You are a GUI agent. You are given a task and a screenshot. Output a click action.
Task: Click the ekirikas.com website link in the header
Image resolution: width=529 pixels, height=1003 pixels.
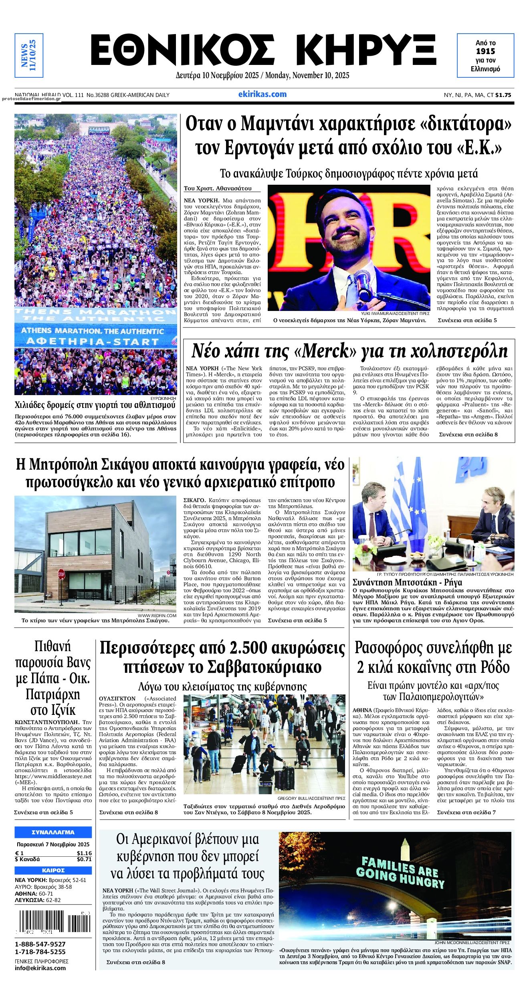pyautogui.click(x=262, y=95)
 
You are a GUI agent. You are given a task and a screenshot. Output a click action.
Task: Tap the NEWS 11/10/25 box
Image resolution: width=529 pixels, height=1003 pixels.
pyautogui.click(x=28, y=55)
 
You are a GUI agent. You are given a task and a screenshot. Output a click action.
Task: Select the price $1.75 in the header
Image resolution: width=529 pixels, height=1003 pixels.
pyautogui.click(x=503, y=95)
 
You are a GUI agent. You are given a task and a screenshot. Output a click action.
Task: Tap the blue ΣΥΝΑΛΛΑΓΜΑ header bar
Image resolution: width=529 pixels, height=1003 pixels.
pyautogui.click(x=53, y=832)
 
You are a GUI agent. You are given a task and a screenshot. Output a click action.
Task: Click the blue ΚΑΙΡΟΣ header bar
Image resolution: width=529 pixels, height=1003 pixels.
pyautogui.click(x=53, y=870)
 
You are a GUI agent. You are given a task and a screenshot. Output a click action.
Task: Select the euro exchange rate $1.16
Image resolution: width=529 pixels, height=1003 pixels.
pyautogui.click(x=84, y=854)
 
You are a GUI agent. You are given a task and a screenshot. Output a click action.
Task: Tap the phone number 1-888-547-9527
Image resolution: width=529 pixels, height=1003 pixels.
pyautogui.click(x=40, y=944)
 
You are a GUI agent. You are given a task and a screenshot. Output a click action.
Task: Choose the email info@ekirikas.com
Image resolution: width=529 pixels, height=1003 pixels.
pyautogui.click(x=40, y=968)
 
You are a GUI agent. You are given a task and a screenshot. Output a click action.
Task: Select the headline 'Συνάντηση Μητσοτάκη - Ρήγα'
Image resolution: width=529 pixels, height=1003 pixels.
pyautogui.click(x=407, y=582)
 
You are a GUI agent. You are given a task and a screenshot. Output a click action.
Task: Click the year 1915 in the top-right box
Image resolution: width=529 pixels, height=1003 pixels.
pyautogui.click(x=485, y=51)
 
